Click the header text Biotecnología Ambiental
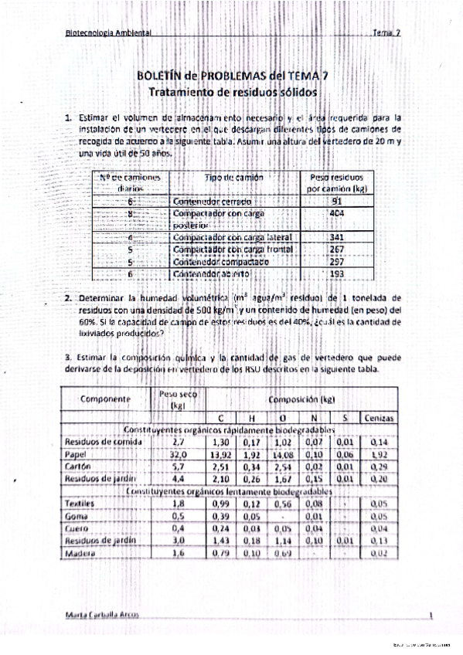point(108,33)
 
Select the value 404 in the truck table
point(336,212)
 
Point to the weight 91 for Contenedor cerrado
point(336,199)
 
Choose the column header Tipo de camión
point(233,178)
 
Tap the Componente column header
point(106,399)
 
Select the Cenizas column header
point(379,418)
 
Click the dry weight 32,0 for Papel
point(179,456)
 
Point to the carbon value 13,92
point(222,456)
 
